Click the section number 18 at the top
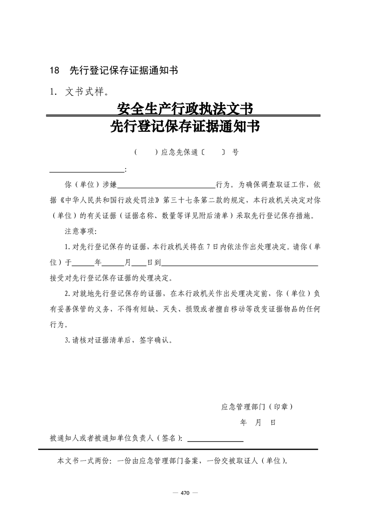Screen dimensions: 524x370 [55, 71]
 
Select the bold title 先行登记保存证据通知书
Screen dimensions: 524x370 [185, 126]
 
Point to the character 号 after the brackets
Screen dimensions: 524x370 [235, 152]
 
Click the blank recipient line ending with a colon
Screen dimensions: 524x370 [87, 169]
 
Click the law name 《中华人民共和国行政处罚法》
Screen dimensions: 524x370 [108, 200]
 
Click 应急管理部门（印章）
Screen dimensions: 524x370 [257, 407]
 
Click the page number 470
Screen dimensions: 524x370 [185, 493]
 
